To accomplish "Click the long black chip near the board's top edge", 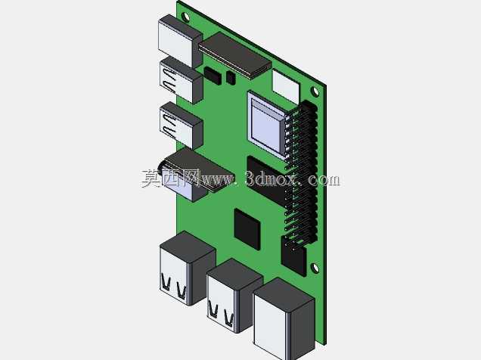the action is [x=234, y=55].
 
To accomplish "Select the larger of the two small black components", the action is [x=213, y=76].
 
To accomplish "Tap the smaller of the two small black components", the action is [x=231, y=78].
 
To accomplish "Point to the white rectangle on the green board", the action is [x=286, y=87].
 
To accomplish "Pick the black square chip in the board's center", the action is [x=247, y=228].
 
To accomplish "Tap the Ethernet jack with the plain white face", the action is [x=284, y=320].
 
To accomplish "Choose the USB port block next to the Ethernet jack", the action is [x=234, y=296].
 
